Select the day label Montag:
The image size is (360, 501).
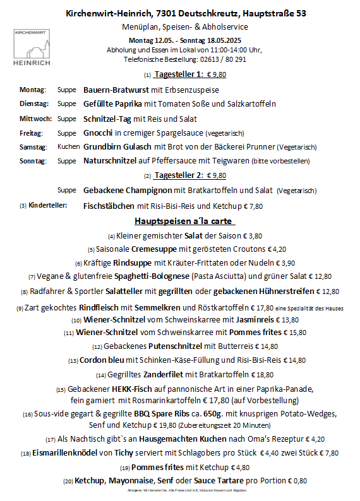pyautogui.click(x=33, y=90)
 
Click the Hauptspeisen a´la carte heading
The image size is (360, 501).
pyautogui.click(x=184, y=221)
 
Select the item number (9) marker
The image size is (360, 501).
pyautogui.click(x=20, y=309)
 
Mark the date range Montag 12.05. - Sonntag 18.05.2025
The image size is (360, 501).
pyautogui.click(x=184, y=40)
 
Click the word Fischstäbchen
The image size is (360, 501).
pyautogui.click(x=109, y=206)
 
